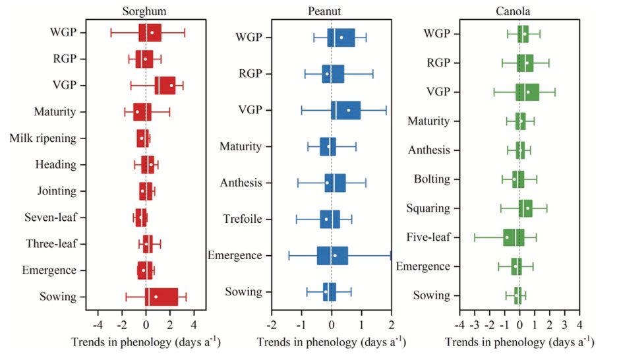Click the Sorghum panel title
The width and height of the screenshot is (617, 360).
click(x=144, y=11)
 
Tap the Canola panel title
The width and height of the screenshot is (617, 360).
click(x=519, y=11)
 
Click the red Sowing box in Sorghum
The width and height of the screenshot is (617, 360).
click(x=162, y=297)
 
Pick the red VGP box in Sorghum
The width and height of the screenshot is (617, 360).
click(x=165, y=85)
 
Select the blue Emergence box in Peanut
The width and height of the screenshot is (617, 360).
click(x=332, y=255)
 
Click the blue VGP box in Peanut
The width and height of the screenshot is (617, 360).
click(x=345, y=110)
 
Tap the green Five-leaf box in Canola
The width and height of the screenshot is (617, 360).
click(x=514, y=237)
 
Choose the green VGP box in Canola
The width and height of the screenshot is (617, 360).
click(x=527, y=92)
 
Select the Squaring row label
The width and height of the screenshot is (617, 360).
click(x=429, y=208)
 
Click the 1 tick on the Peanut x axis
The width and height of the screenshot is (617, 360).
click(x=361, y=325)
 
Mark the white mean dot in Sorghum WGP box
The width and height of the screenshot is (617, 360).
click(x=152, y=32)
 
